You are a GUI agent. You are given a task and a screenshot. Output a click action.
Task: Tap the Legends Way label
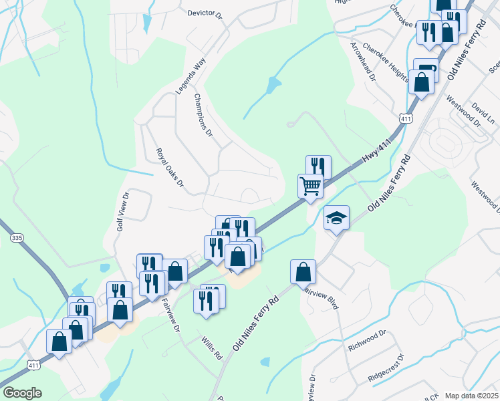pyautogui.click(x=189, y=76)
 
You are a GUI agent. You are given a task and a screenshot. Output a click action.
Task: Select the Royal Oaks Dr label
pyautogui.click(x=169, y=167)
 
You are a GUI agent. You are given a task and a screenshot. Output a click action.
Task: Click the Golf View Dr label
pyautogui.click(x=122, y=211)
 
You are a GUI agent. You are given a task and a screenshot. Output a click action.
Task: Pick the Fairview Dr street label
pyautogui.click(x=170, y=311)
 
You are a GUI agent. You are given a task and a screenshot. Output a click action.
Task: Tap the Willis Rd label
pyautogui.click(x=211, y=348)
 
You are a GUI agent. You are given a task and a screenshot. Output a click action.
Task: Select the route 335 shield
pyautogui.click(x=17, y=237)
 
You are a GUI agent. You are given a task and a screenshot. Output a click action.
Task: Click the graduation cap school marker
pyautogui.click(x=337, y=218)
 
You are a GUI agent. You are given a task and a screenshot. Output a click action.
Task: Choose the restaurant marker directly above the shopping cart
pyautogui.click(x=318, y=166)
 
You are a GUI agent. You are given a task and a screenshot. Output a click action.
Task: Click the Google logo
pyautogui.click(x=21, y=393)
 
